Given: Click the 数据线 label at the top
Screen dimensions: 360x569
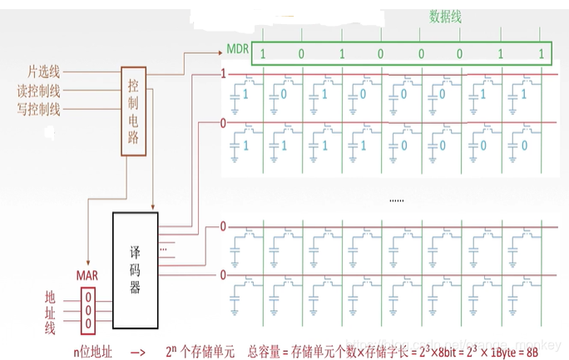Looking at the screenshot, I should click(445, 16).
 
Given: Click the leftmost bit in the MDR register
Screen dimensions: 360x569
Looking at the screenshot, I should click(263, 54).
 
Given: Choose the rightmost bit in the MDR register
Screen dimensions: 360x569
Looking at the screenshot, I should click(541, 54).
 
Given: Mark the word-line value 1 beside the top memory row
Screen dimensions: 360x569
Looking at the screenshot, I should click(222, 73).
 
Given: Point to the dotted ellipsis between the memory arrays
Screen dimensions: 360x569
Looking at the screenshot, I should click(398, 200).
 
